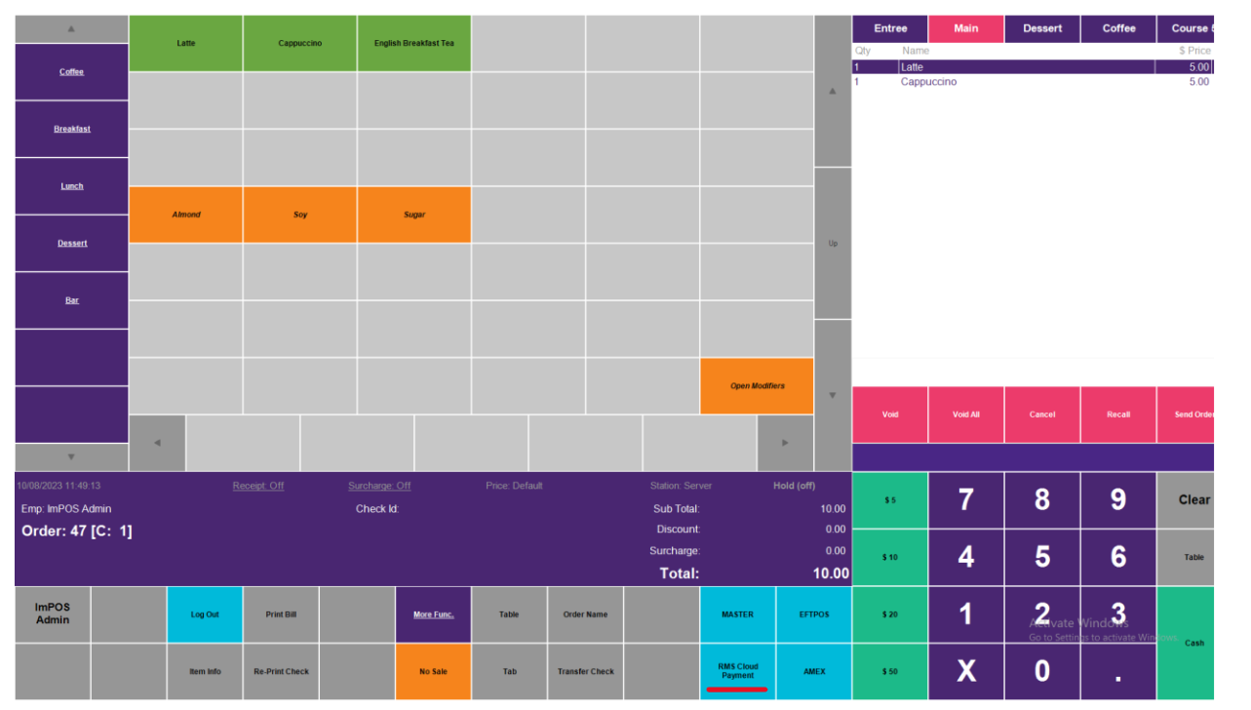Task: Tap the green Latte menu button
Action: (185, 43)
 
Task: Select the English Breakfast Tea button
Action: (413, 43)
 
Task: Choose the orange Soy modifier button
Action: (300, 215)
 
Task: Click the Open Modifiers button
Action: (757, 386)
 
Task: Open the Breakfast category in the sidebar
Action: (72, 129)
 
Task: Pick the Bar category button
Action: (72, 300)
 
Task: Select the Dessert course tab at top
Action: (1042, 28)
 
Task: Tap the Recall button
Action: (1118, 414)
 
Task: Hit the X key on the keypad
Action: (966, 671)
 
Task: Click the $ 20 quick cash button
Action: (890, 614)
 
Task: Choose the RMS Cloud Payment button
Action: (738, 671)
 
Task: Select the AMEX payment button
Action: (814, 671)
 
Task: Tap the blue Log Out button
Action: (205, 614)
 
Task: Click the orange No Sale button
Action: (433, 671)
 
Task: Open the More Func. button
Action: (433, 614)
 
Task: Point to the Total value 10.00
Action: (831, 573)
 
